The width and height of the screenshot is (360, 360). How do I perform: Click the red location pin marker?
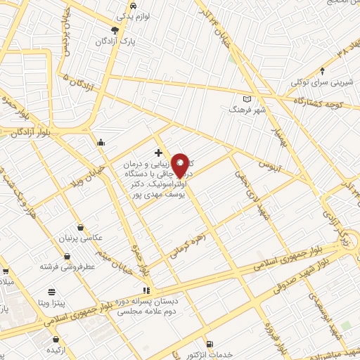pyautogui.click(x=181, y=165)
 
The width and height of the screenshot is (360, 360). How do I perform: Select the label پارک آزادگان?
pyautogui.click(x=116, y=41)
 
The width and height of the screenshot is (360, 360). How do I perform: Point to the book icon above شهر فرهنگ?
pyautogui.click(x=246, y=98)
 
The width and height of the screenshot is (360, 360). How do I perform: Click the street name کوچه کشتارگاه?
pyautogui.click(x=314, y=103)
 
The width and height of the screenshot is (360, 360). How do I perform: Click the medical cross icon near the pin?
pyautogui.click(x=158, y=153)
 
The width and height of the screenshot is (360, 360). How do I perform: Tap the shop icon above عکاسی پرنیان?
pyautogui.click(x=82, y=228)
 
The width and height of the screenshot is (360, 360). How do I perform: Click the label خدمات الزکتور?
pyautogui.click(x=230, y=355)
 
